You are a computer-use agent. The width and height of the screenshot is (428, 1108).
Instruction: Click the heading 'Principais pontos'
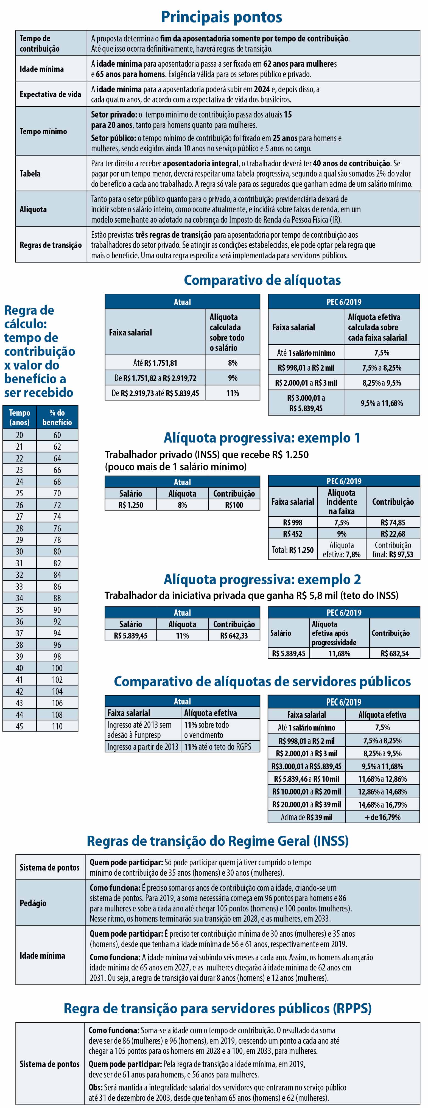point(222,17)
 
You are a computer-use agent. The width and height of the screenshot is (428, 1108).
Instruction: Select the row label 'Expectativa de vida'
point(50,94)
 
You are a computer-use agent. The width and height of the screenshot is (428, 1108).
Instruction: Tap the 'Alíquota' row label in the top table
point(33,209)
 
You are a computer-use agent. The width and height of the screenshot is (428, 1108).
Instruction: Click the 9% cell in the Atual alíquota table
point(233,378)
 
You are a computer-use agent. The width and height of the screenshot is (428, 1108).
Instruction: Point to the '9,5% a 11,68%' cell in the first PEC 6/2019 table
point(382,403)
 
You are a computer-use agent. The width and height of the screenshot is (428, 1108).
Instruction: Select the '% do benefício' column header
point(57,418)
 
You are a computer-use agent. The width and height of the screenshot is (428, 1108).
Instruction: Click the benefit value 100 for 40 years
point(57,668)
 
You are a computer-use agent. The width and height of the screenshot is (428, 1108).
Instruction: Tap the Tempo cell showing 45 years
point(19,726)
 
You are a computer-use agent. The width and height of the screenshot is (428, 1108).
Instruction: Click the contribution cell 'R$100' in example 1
point(234,505)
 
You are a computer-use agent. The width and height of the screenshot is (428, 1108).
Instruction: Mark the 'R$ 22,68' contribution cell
point(393,534)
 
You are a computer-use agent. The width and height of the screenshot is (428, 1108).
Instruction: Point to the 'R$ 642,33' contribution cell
point(234,636)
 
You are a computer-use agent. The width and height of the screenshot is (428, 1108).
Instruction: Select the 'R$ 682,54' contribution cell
point(395,654)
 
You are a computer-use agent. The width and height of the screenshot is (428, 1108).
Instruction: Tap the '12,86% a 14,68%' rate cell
point(382,791)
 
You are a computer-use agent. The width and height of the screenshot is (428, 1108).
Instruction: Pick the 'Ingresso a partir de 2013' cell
point(143,747)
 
